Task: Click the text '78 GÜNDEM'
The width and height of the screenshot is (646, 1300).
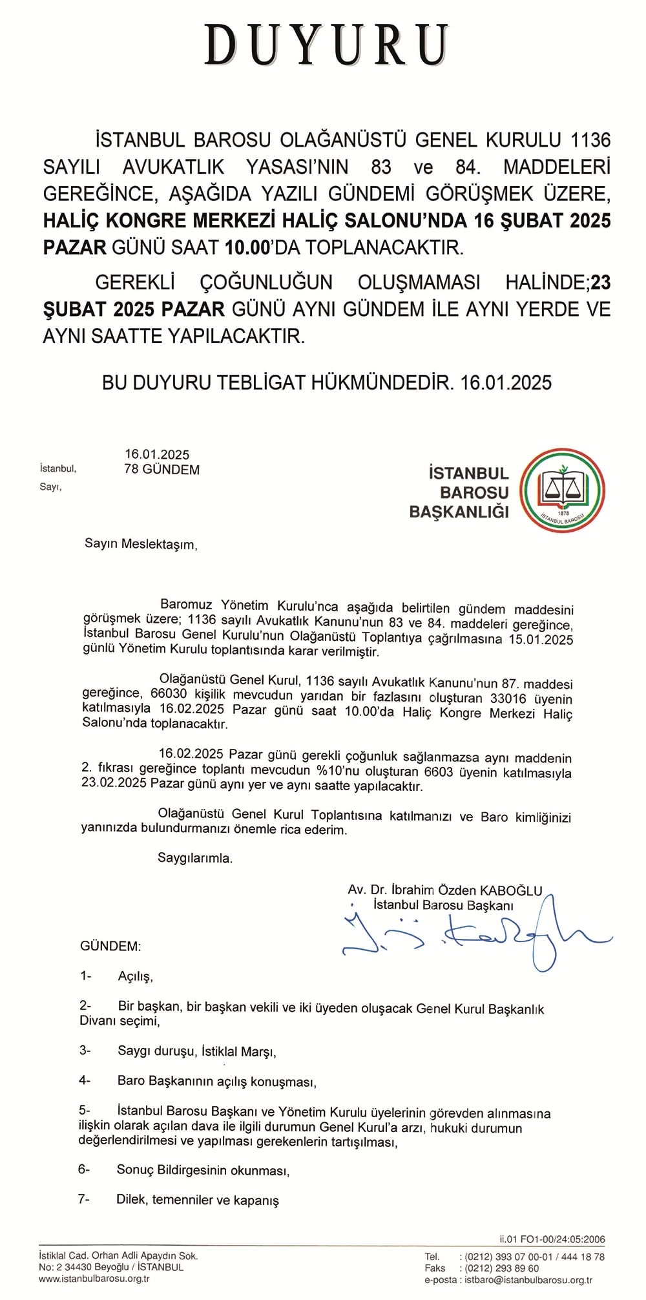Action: pyautogui.click(x=161, y=470)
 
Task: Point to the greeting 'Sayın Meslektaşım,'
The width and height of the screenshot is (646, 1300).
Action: pyautogui.click(x=140, y=544)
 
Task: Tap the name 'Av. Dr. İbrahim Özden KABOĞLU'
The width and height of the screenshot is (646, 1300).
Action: pyautogui.click(x=445, y=890)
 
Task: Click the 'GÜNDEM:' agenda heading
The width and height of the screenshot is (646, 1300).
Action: pyautogui.click(x=110, y=947)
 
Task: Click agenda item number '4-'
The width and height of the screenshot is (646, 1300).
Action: pyautogui.click(x=85, y=1080)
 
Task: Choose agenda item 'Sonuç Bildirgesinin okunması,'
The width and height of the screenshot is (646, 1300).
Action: pyautogui.click(x=203, y=1169)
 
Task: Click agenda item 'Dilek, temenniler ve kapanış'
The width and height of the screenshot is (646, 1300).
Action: pyautogui.click(x=198, y=1200)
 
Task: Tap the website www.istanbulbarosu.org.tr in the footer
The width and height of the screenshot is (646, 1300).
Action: pyautogui.click(x=94, y=1279)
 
